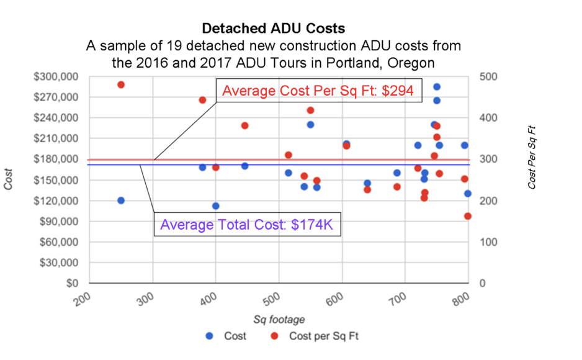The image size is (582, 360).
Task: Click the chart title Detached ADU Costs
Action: tap(273, 29)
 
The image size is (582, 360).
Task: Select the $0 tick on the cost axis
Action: tap(73, 283)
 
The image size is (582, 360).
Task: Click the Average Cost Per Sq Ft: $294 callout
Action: tap(318, 91)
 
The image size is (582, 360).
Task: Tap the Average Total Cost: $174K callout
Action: tap(247, 225)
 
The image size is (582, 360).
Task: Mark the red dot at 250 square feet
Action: tap(121, 84)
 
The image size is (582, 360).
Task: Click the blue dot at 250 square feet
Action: tap(121, 200)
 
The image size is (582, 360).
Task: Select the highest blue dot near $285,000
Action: tap(437, 87)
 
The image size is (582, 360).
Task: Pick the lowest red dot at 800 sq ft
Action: tap(468, 217)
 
